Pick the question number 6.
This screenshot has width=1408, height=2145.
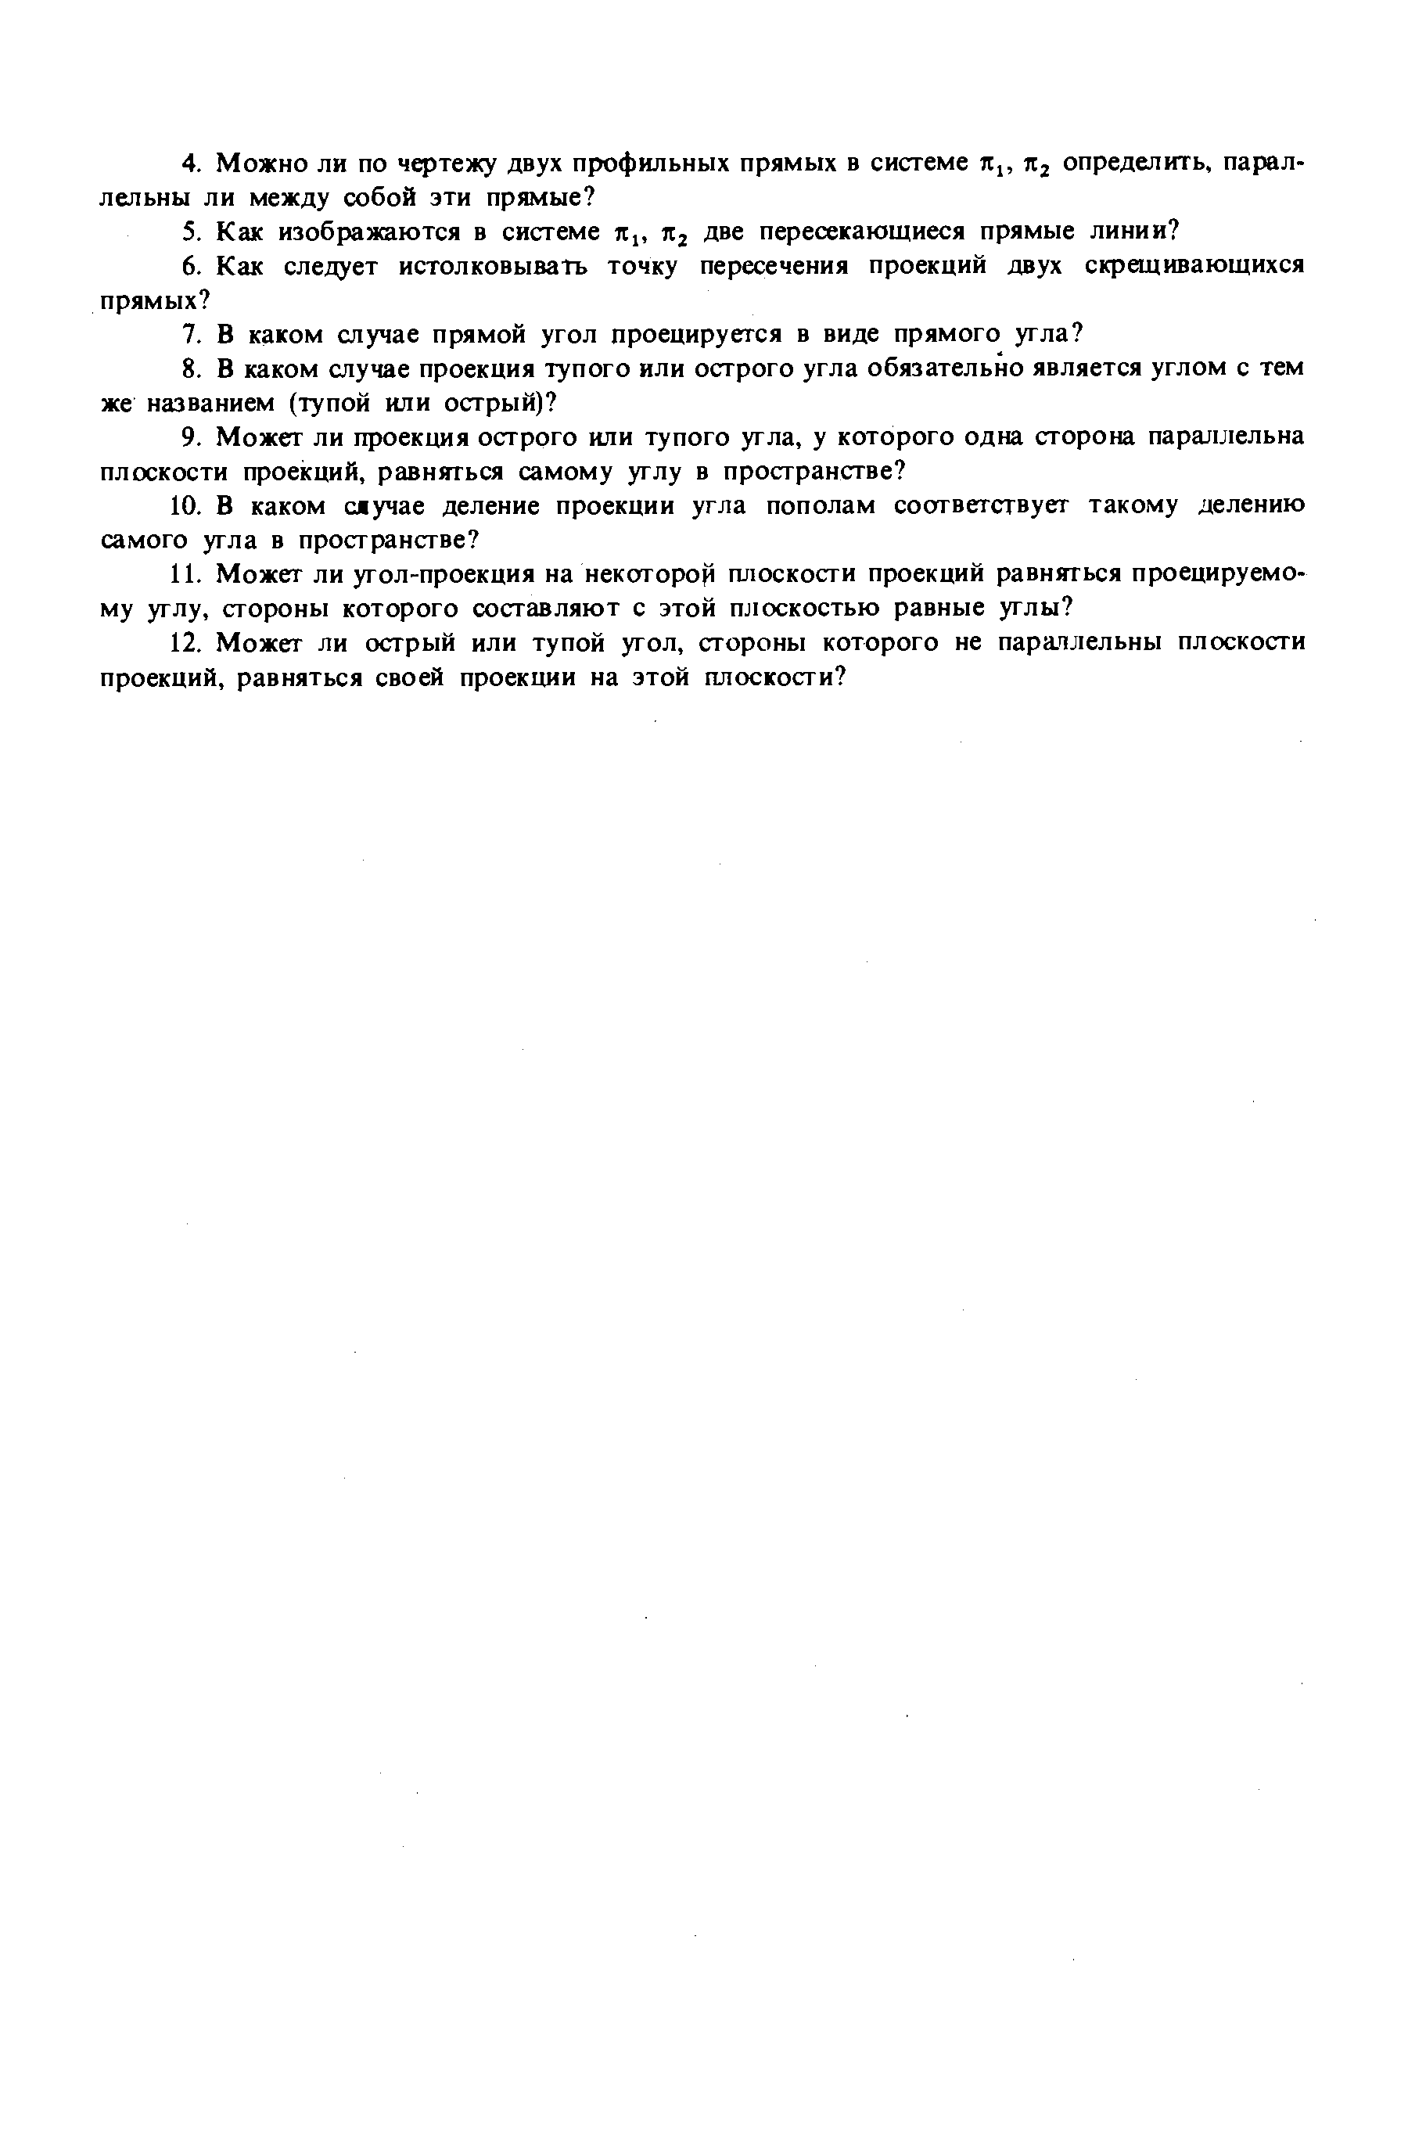[x=189, y=266]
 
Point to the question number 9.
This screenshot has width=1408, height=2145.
[x=189, y=437]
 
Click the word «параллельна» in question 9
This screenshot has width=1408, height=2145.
[x=1225, y=437]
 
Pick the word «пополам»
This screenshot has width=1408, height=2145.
[x=821, y=505]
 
